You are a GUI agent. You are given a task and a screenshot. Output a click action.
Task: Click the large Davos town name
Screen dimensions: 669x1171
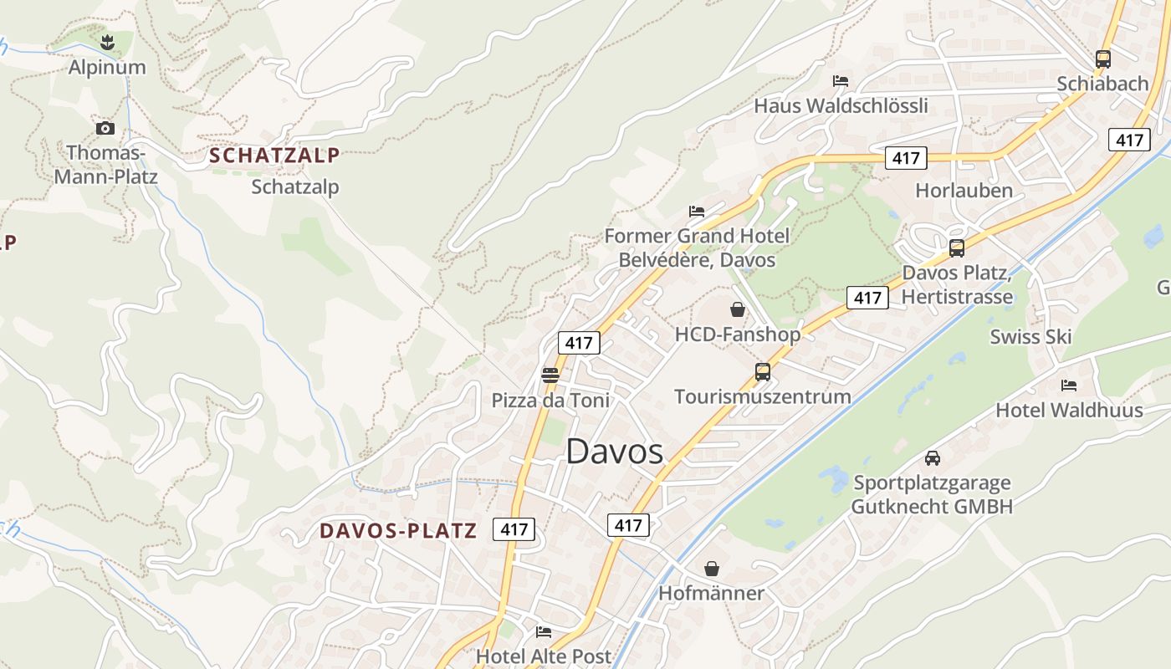pos(615,452)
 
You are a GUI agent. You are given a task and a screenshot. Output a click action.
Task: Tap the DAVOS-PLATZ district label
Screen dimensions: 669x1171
pos(398,530)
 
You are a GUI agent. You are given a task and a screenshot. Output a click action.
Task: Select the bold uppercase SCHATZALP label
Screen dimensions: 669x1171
pos(274,155)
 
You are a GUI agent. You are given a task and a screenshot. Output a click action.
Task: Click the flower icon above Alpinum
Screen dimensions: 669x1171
pos(106,41)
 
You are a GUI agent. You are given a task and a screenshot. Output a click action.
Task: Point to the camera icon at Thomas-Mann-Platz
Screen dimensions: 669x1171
pos(105,128)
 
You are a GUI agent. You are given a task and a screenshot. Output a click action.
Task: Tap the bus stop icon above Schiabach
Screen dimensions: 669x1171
pos(1102,59)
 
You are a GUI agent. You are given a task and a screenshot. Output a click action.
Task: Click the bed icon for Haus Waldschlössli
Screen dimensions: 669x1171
pos(841,81)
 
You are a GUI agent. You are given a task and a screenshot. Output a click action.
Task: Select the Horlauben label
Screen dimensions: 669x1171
pos(964,190)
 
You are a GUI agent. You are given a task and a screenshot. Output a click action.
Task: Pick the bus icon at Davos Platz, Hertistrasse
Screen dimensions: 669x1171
pos(956,248)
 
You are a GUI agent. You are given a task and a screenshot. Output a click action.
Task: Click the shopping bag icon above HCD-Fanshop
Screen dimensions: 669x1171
pos(738,309)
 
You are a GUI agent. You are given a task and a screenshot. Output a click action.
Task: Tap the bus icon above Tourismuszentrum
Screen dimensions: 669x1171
pos(762,371)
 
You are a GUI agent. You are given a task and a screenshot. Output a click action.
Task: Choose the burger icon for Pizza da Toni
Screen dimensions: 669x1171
pos(550,375)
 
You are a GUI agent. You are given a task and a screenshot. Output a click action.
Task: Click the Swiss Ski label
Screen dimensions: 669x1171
pos(1030,336)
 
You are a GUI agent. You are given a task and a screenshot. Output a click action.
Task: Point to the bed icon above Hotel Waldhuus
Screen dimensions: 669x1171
pos(1068,386)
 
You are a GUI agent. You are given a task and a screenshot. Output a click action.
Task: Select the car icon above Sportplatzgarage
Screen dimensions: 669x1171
pos(932,458)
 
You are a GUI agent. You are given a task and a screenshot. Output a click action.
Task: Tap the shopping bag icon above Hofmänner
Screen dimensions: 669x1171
pos(711,569)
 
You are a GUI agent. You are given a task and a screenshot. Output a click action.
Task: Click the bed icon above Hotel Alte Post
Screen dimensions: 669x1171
pos(544,632)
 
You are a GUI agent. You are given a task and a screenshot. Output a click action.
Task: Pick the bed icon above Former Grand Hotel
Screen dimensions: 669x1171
pos(697,211)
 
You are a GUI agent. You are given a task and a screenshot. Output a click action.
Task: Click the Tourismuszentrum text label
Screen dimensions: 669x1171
pos(762,396)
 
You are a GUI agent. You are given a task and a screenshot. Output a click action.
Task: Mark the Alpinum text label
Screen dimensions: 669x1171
pos(107,67)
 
